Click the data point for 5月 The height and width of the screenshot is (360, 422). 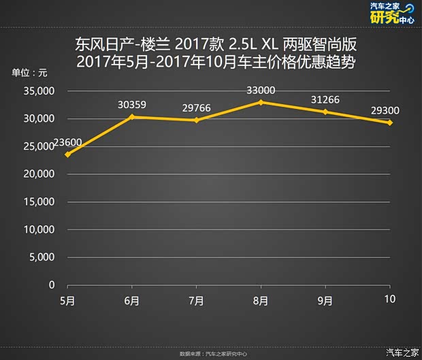click(x=68, y=154)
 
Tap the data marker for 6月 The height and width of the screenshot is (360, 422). click(x=132, y=117)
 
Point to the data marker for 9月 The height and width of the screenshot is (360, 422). click(x=325, y=112)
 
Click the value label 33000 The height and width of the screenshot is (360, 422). click(x=261, y=90)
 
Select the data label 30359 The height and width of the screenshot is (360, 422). click(x=132, y=105)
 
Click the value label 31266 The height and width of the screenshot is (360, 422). click(x=325, y=99)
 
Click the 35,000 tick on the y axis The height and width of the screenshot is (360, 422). click(x=38, y=91)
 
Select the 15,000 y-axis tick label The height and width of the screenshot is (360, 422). click(x=38, y=201)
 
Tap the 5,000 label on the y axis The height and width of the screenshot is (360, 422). click(x=41, y=257)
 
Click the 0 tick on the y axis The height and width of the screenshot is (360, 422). click(x=52, y=284)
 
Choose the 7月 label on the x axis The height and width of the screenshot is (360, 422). click(x=196, y=300)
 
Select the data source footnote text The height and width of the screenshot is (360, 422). click(x=213, y=354)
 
